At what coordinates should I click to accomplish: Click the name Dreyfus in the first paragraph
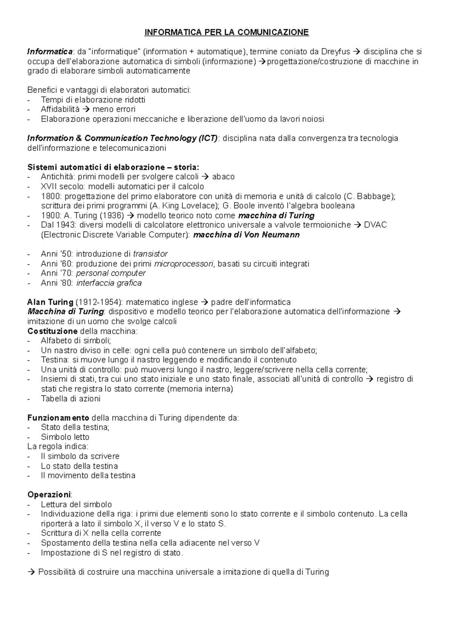[336, 52]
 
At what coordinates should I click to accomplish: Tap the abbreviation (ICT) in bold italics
[207, 138]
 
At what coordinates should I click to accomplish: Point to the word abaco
[223, 177]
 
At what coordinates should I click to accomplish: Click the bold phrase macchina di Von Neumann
[246, 235]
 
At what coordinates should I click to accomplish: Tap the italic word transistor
[150, 254]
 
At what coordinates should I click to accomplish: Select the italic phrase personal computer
[111, 273]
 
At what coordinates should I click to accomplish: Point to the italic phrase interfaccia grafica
[109, 283]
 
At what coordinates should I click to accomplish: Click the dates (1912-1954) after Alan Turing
[99, 302]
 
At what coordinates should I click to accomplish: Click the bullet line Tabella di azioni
[71, 399]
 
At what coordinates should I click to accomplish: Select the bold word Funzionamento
[58, 418]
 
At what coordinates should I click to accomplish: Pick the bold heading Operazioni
[49, 495]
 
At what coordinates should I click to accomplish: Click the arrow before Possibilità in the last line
[31, 572]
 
